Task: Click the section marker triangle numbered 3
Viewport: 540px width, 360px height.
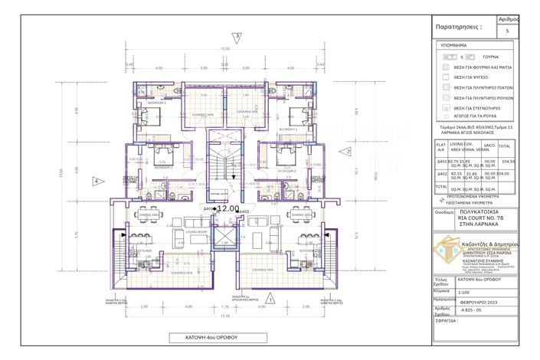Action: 238,36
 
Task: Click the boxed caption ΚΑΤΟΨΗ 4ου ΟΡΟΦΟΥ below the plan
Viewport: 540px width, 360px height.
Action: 218,337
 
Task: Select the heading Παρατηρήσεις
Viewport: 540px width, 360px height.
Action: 458,26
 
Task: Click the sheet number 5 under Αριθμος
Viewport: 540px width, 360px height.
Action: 508,31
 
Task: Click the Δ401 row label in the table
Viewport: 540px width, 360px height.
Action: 440,162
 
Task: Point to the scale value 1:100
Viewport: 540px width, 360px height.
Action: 464,292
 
